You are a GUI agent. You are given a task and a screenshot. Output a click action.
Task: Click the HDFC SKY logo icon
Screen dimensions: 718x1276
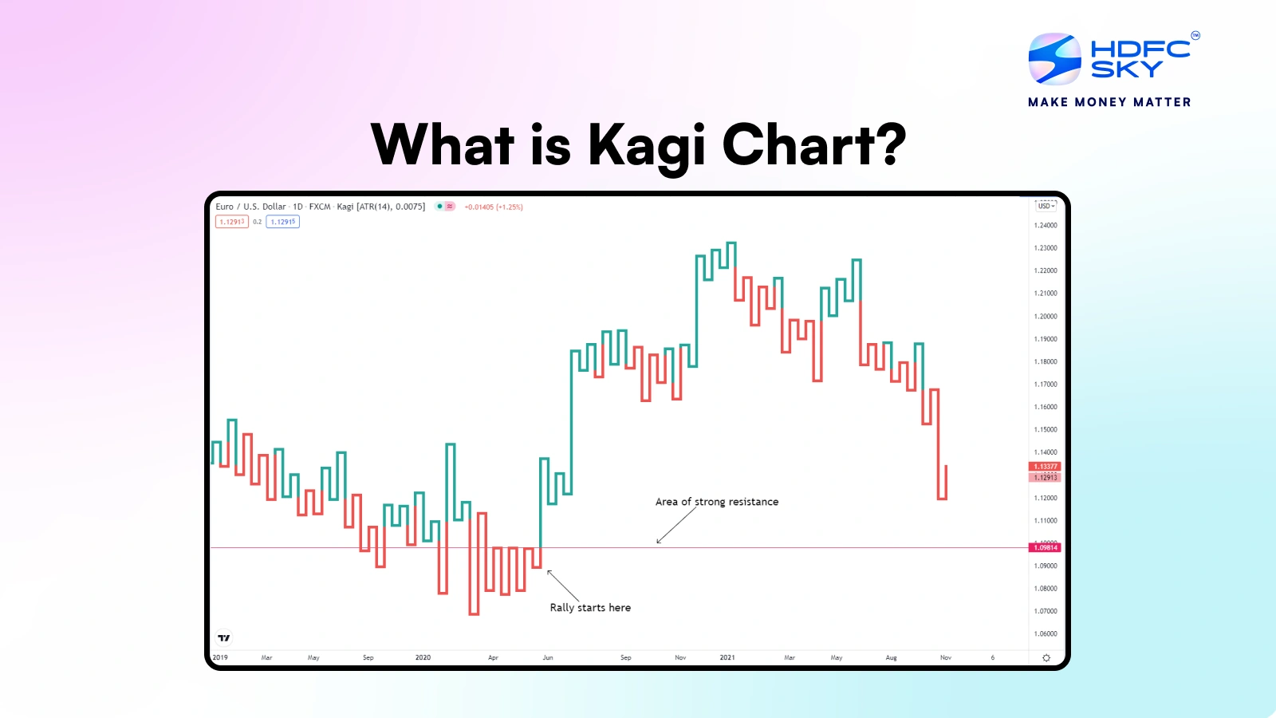[x=1054, y=58]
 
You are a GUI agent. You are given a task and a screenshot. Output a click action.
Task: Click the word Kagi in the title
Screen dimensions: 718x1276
[x=647, y=146]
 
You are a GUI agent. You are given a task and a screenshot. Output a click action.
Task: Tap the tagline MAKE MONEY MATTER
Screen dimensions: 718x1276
[x=1109, y=102]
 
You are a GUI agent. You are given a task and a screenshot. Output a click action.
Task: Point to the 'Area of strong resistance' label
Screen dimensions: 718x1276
[x=716, y=502]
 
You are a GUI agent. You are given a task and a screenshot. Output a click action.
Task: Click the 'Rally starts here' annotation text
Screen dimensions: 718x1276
[x=590, y=608]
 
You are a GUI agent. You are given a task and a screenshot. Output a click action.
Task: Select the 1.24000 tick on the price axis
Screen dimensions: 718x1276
[x=1045, y=226]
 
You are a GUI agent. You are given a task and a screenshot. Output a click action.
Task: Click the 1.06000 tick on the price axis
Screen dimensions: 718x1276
[x=1045, y=634]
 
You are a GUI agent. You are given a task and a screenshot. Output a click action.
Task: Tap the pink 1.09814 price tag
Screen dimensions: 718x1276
[x=1045, y=547]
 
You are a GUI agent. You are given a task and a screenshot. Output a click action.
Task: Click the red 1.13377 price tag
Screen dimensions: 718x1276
[x=1045, y=467]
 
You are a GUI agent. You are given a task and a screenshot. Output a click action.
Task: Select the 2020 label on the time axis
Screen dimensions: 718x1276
[x=423, y=658]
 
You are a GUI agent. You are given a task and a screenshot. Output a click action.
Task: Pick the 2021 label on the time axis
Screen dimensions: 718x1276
[x=727, y=658]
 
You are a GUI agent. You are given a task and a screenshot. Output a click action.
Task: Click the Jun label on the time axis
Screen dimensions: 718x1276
[x=548, y=658]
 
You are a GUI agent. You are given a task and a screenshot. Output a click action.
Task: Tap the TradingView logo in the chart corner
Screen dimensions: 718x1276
[x=224, y=638]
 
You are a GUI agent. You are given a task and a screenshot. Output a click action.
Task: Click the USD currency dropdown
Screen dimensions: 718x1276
[x=1046, y=206]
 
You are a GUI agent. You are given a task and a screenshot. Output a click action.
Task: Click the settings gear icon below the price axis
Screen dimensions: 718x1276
[x=1046, y=658]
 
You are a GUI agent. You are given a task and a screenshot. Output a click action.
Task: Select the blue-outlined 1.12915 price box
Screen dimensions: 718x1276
[x=283, y=222]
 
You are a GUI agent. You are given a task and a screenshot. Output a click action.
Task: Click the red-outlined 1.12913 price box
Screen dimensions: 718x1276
[x=232, y=222]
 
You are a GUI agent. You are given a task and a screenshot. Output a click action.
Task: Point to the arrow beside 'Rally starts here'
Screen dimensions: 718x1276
[x=563, y=586]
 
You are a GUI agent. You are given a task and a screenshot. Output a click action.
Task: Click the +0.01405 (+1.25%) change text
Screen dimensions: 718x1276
[x=494, y=207]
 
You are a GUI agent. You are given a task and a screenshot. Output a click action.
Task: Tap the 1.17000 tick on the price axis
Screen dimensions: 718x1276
[x=1045, y=385]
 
